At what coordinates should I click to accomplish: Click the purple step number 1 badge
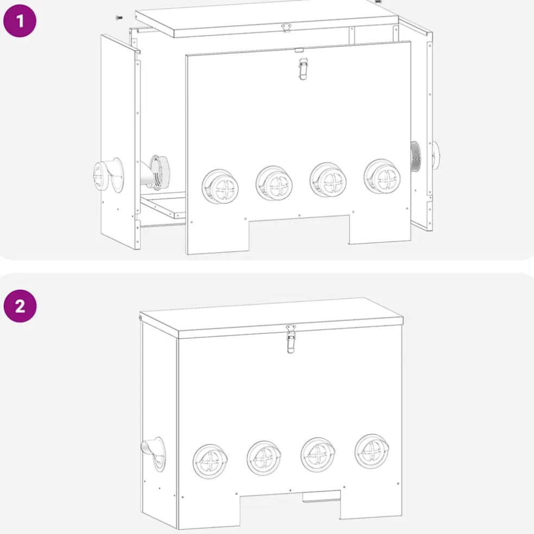coord(20,21)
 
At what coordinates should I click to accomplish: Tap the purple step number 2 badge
coord(20,306)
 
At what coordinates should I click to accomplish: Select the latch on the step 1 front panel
coord(303,69)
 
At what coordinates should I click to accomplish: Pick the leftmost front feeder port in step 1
coord(220,187)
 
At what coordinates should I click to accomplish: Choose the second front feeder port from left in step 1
coord(274,183)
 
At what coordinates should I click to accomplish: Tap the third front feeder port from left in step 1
coord(328,180)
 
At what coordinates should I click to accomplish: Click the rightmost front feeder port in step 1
coord(382,176)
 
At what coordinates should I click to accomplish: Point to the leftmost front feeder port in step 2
coord(210,461)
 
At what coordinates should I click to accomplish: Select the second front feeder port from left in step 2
coord(264,458)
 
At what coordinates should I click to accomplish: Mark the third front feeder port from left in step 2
coord(318,455)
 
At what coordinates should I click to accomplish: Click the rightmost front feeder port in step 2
coord(372,452)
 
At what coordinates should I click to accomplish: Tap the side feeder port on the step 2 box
coord(154,454)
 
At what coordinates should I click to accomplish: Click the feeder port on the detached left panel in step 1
coord(109,175)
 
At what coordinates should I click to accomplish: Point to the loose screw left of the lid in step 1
coord(119,17)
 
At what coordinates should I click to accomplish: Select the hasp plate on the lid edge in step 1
coord(287,27)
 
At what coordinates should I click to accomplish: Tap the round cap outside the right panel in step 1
coord(435,155)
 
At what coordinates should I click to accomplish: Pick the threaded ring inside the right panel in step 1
coord(416,157)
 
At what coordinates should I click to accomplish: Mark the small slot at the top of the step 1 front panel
coord(299,51)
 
